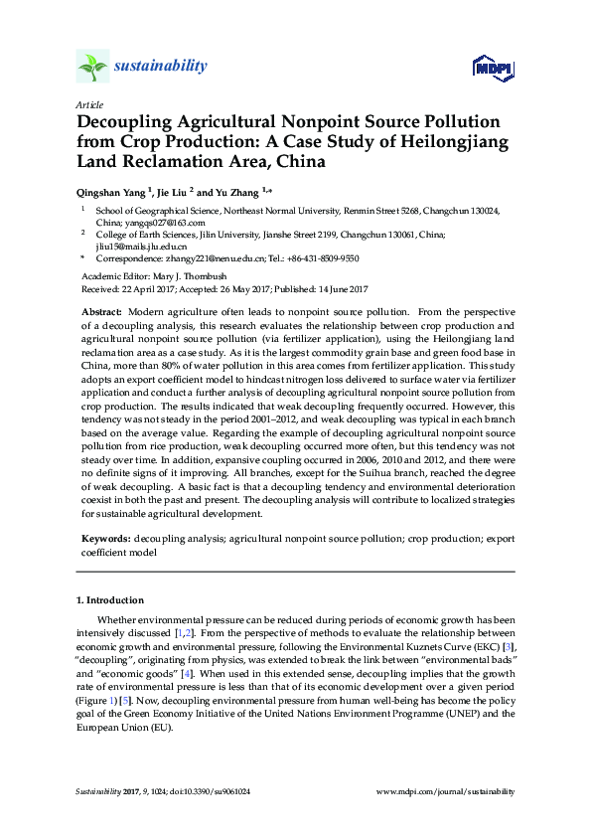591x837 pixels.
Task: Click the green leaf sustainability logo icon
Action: tap(92, 67)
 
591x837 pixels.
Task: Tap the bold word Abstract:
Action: tap(101, 312)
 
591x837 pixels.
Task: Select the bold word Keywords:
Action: tap(105, 538)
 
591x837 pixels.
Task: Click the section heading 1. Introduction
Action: tap(110, 600)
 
